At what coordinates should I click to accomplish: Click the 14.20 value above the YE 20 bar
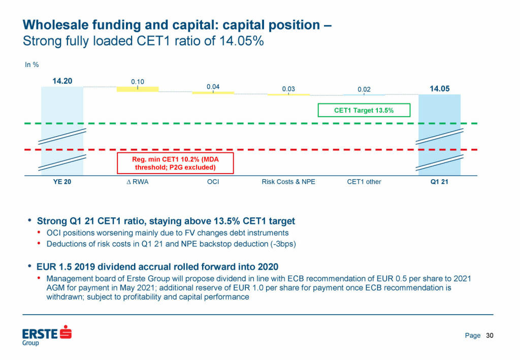(62, 81)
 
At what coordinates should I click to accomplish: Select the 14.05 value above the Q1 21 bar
(439, 89)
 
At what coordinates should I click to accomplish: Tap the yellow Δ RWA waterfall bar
(138, 89)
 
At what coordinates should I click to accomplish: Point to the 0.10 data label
(138, 81)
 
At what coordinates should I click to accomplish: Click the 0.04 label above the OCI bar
(213, 87)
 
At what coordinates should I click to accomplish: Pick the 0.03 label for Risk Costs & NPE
(288, 89)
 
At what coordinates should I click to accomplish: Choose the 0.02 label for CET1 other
(364, 90)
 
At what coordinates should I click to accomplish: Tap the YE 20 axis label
(62, 182)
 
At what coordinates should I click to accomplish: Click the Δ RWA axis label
(138, 182)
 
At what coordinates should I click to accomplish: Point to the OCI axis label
(213, 182)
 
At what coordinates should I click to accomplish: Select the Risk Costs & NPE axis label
(288, 182)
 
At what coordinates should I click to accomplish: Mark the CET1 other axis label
(364, 182)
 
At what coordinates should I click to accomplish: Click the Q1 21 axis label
(439, 182)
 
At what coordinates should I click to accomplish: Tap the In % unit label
(32, 64)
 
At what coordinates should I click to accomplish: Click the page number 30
(490, 336)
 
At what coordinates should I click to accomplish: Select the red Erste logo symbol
(66, 333)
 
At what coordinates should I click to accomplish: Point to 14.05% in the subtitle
(240, 41)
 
